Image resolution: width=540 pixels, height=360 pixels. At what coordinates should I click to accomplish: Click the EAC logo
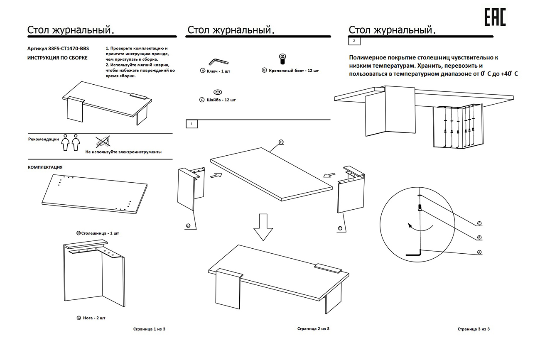(495, 17)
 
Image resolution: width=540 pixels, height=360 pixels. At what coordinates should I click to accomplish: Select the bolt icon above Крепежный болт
(282, 59)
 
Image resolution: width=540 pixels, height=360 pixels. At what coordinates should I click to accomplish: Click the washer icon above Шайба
(218, 91)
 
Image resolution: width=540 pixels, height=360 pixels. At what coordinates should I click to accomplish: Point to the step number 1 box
(191, 124)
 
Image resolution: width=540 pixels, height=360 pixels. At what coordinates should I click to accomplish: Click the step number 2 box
(354, 41)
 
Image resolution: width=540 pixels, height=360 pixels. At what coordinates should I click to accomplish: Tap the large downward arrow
(263, 227)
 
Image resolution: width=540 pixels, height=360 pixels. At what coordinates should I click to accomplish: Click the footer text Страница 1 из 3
(150, 329)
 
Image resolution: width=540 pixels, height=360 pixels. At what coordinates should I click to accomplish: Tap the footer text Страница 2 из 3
(313, 329)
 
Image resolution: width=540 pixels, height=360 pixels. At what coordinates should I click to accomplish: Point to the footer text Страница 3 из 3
(474, 329)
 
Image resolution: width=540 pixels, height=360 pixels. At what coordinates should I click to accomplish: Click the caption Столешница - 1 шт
(98, 233)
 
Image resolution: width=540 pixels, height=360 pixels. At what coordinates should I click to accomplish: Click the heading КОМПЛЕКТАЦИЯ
(45, 167)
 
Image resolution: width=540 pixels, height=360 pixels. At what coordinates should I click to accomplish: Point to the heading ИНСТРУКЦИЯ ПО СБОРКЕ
(57, 58)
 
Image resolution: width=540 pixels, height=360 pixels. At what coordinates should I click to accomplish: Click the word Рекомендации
(44, 140)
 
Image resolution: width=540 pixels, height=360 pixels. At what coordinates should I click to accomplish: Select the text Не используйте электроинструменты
(123, 152)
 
